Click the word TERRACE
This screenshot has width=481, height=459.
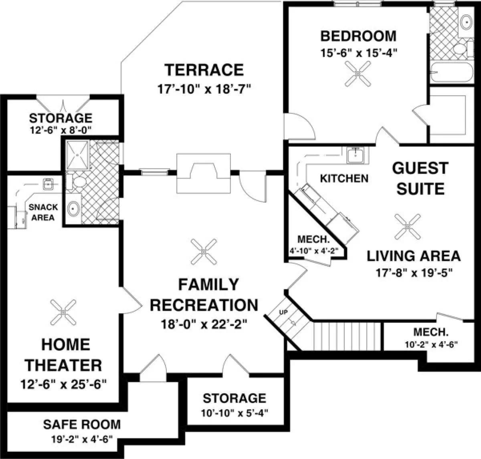[204, 70]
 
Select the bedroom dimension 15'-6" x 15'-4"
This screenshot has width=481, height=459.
[359, 53]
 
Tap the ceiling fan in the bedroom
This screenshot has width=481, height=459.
[358, 74]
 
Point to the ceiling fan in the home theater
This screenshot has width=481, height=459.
[63, 312]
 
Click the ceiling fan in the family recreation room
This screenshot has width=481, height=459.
[204, 252]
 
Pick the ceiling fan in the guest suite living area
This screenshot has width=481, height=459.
[408, 227]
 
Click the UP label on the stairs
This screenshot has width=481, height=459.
[283, 312]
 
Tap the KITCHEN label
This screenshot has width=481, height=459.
[344, 178]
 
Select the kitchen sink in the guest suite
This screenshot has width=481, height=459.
[355, 155]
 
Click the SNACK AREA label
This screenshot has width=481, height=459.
[43, 212]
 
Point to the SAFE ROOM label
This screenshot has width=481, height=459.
[82, 425]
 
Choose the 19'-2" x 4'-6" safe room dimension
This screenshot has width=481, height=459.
[82, 439]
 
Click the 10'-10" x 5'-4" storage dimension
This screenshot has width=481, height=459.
[234, 413]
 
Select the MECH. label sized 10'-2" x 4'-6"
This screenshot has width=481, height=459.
[431, 332]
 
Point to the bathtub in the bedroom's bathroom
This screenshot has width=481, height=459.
[452, 72]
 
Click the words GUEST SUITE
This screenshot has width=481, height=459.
[420, 178]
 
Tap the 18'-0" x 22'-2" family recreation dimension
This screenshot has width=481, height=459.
[204, 324]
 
